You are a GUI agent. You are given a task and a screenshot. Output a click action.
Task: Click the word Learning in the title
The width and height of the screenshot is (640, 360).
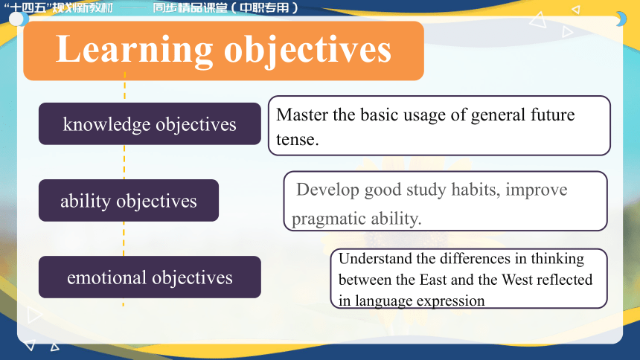134,50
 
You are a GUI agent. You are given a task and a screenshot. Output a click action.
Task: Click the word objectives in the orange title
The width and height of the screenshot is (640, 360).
308,51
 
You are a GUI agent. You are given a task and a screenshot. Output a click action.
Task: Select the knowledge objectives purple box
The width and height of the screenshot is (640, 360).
150,123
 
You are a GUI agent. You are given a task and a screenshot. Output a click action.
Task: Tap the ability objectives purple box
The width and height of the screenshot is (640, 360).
129,200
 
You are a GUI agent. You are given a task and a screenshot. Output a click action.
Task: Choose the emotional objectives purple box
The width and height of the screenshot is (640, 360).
150,277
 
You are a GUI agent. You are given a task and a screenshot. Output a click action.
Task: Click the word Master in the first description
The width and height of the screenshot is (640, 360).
302,115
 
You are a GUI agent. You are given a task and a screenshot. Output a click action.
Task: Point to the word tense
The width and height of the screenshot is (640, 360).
297,140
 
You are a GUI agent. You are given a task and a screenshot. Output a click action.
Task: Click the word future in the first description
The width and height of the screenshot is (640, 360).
553,115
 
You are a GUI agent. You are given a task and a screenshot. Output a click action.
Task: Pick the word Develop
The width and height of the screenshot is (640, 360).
327,190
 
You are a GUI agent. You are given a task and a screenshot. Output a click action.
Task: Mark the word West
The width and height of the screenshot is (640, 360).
516,280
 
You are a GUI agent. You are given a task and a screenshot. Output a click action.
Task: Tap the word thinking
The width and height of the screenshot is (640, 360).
557,259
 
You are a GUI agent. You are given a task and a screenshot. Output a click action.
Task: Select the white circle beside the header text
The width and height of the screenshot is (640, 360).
16,19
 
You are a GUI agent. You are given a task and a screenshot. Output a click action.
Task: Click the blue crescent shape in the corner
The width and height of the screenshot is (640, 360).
622,19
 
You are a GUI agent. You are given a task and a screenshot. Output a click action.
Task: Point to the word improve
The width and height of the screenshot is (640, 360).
537,190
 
